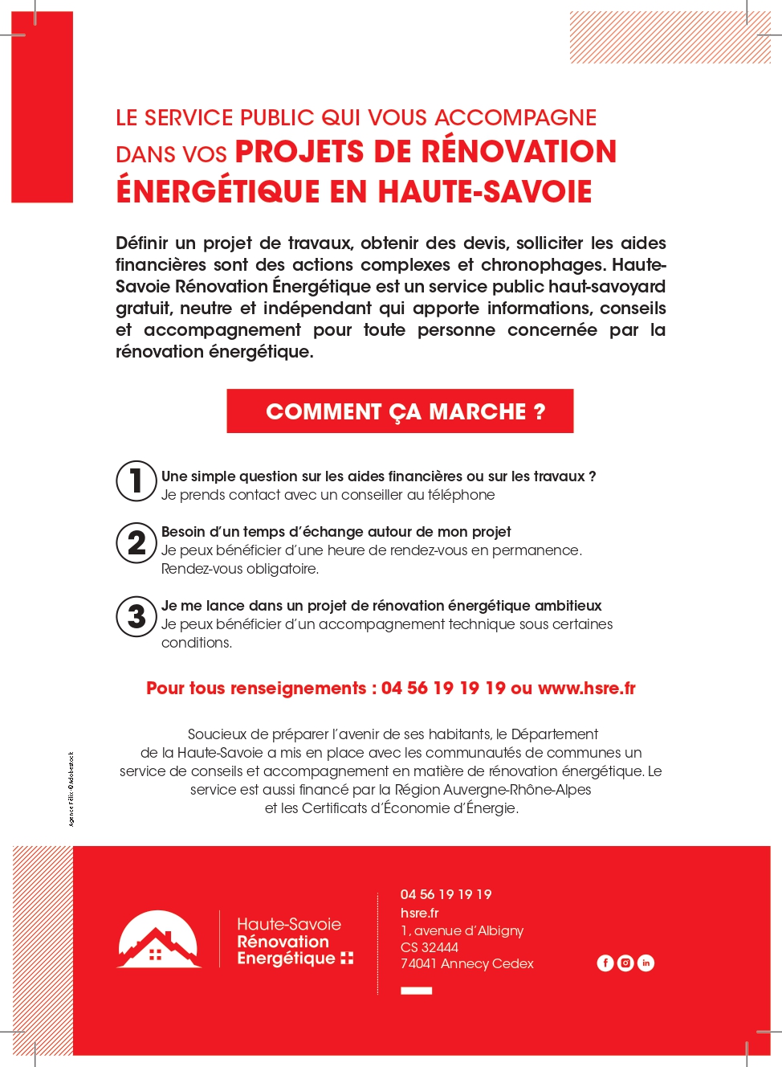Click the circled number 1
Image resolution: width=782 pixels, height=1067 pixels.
coord(136,480)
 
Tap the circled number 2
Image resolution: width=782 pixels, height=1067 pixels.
coord(136,543)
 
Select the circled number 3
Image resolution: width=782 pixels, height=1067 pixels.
coord(136,616)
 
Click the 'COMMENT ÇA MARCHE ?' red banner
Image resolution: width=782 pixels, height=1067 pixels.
coord(400,411)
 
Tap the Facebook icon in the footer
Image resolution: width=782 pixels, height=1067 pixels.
coord(605,963)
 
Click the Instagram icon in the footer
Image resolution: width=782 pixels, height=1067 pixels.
coord(625,963)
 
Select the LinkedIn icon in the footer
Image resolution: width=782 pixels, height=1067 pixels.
coord(646,963)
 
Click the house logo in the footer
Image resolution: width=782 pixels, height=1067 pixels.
coord(159,940)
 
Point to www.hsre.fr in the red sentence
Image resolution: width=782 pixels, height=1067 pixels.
coord(586,689)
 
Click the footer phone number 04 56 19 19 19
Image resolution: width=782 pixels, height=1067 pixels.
coord(446,894)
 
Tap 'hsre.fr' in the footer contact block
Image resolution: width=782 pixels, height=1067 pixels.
coord(419,913)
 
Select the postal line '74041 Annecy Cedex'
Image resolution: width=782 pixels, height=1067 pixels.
coord(466,963)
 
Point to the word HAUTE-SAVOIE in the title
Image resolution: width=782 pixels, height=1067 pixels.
coord(485,192)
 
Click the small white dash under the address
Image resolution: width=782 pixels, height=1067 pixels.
coord(416,991)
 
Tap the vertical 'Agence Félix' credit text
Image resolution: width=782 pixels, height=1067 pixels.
coord(71,789)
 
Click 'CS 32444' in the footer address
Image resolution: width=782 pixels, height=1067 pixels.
coord(430,947)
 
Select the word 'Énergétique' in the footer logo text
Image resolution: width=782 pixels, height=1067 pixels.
coord(286,959)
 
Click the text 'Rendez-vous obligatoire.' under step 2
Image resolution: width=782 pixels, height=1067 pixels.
coord(240,569)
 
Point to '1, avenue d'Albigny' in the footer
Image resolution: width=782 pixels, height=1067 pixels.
coord(462,930)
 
